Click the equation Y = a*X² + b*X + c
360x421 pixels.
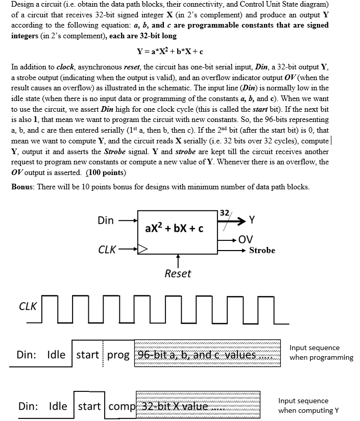click(170, 51)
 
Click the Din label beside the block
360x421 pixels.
click(106, 220)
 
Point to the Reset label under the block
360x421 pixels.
click(178, 274)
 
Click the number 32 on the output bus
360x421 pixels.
click(224, 213)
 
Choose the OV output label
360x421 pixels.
click(246, 239)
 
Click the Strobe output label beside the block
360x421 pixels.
click(262, 250)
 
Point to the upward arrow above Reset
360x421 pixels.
click(177, 261)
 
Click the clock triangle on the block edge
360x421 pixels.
click(142, 250)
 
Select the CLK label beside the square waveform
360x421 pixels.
click(27, 306)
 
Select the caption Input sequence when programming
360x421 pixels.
click(321, 353)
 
